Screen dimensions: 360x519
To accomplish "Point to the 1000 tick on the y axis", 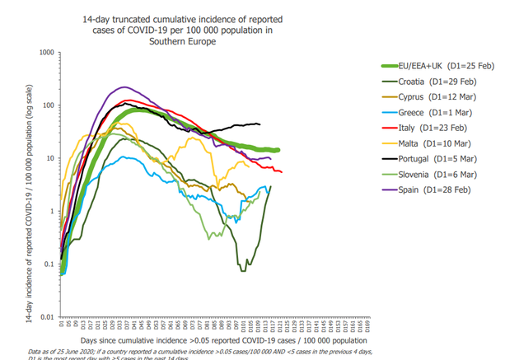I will pyautogui.click(x=45, y=52).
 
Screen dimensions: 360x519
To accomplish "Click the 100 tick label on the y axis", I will pyautogui.click(x=47, y=105).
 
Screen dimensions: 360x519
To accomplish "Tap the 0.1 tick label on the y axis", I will pyautogui.click(x=47, y=264).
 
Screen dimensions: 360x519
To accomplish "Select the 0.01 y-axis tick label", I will pyautogui.click(x=45, y=316).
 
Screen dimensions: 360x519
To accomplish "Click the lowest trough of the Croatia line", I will pyautogui.click(x=243, y=270).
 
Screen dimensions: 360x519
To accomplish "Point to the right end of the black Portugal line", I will pyautogui.click(x=259, y=124).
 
